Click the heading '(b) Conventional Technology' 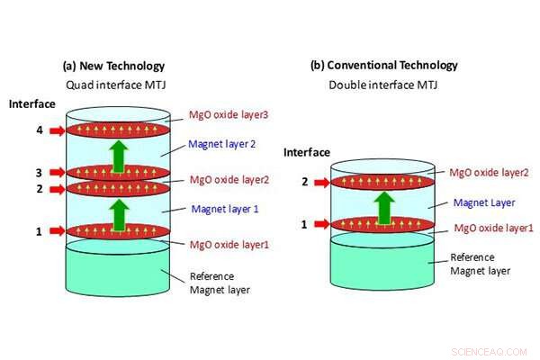(x=383, y=65)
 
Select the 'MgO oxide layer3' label (x=229, y=116)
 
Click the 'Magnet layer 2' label (x=221, y=143)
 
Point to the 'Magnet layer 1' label (x=225, y=209)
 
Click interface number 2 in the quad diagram (x=39, y=188)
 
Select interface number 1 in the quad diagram (x=39, y=231)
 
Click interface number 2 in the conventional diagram (x=303, y=182)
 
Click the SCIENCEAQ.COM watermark (x=491, y=346)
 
